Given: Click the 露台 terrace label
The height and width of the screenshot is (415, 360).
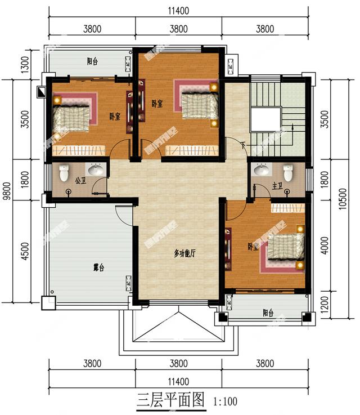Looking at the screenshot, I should pos(98,268).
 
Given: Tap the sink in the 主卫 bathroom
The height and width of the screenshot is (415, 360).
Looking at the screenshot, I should pos(261,169).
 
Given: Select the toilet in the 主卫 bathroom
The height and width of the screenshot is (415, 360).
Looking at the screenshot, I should pos(289,171).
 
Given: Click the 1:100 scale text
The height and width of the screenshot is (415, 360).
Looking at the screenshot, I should pos(226,401).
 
